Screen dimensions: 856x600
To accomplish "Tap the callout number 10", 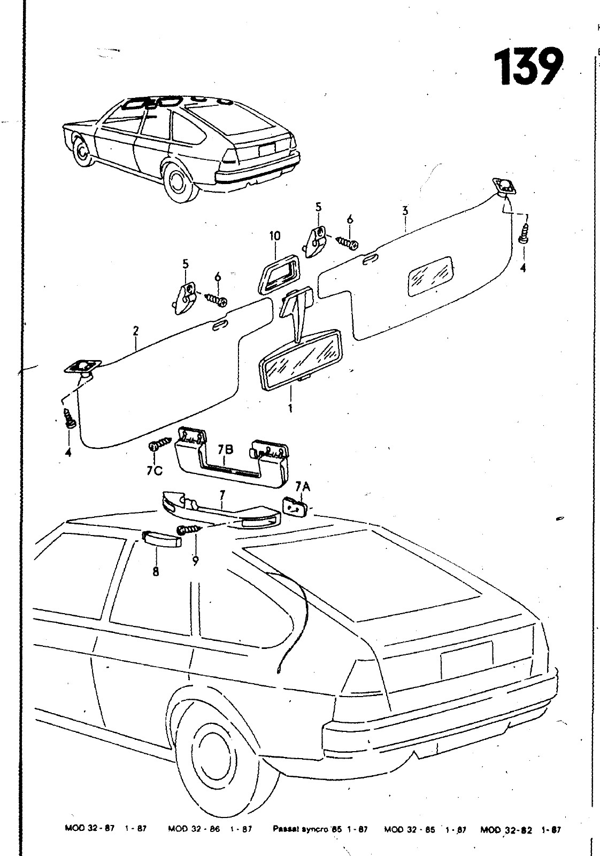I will [275, 236].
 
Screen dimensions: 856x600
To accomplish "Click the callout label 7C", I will [154, 471].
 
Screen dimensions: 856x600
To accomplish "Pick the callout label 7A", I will [303, 486].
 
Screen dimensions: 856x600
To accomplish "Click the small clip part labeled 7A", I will [294, 506].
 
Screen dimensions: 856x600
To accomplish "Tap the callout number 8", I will [156, 571].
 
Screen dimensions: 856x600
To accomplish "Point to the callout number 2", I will [136, 331].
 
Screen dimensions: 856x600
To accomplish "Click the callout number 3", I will [405, 210].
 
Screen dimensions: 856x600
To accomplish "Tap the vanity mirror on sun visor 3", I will [430, 274].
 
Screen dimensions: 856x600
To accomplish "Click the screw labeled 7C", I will [159, 445].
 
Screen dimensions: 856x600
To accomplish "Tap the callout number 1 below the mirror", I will [291, 408].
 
